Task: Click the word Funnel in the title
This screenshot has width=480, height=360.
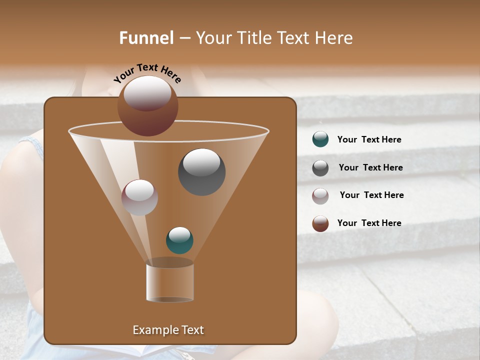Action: (x=146, y=38)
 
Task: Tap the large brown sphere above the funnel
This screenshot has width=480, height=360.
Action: (x=147, y=106)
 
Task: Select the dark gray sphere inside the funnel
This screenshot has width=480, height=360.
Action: (x=201, y=172)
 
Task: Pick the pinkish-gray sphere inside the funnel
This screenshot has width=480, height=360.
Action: (x=139, y=197)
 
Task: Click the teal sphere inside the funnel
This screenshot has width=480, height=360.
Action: (x=179, y=240)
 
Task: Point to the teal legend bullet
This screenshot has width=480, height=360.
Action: (x=320, y=139)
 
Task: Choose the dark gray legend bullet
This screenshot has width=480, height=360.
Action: (x=320, y=168)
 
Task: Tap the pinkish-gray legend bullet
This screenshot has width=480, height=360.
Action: (x=320, y=195)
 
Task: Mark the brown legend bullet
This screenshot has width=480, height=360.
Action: (x=320, y=223)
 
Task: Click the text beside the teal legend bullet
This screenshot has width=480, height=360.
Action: (x=369, y=140)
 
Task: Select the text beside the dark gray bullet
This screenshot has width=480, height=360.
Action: (x=370, y=168)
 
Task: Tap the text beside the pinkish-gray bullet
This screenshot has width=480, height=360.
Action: (x=371, y=195)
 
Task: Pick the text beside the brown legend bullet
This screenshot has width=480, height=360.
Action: (x=369, y=223)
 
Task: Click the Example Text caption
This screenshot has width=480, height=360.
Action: (x=168, y=330)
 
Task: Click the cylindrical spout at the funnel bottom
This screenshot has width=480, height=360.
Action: (x=170, y=283)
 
